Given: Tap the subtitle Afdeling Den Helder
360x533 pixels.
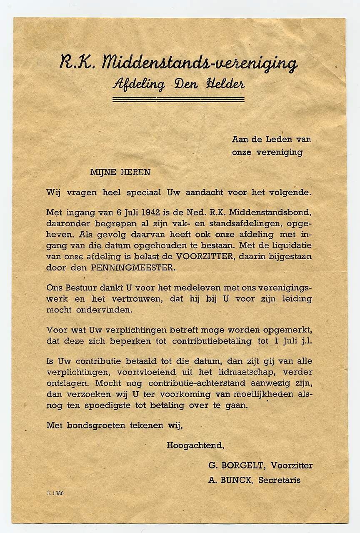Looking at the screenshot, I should (178, 84).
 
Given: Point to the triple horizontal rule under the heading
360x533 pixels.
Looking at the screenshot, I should (178, 99).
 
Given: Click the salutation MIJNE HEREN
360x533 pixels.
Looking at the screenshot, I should (120, 172).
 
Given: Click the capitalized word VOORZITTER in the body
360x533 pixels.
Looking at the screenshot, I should (205, 256).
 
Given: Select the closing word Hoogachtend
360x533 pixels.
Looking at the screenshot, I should (195, 445).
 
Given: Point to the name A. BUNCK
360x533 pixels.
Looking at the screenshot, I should (230, 480).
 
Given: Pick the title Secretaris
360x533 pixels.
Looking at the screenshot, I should (279, 480).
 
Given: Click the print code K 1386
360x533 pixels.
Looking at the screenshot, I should (55, 493).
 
